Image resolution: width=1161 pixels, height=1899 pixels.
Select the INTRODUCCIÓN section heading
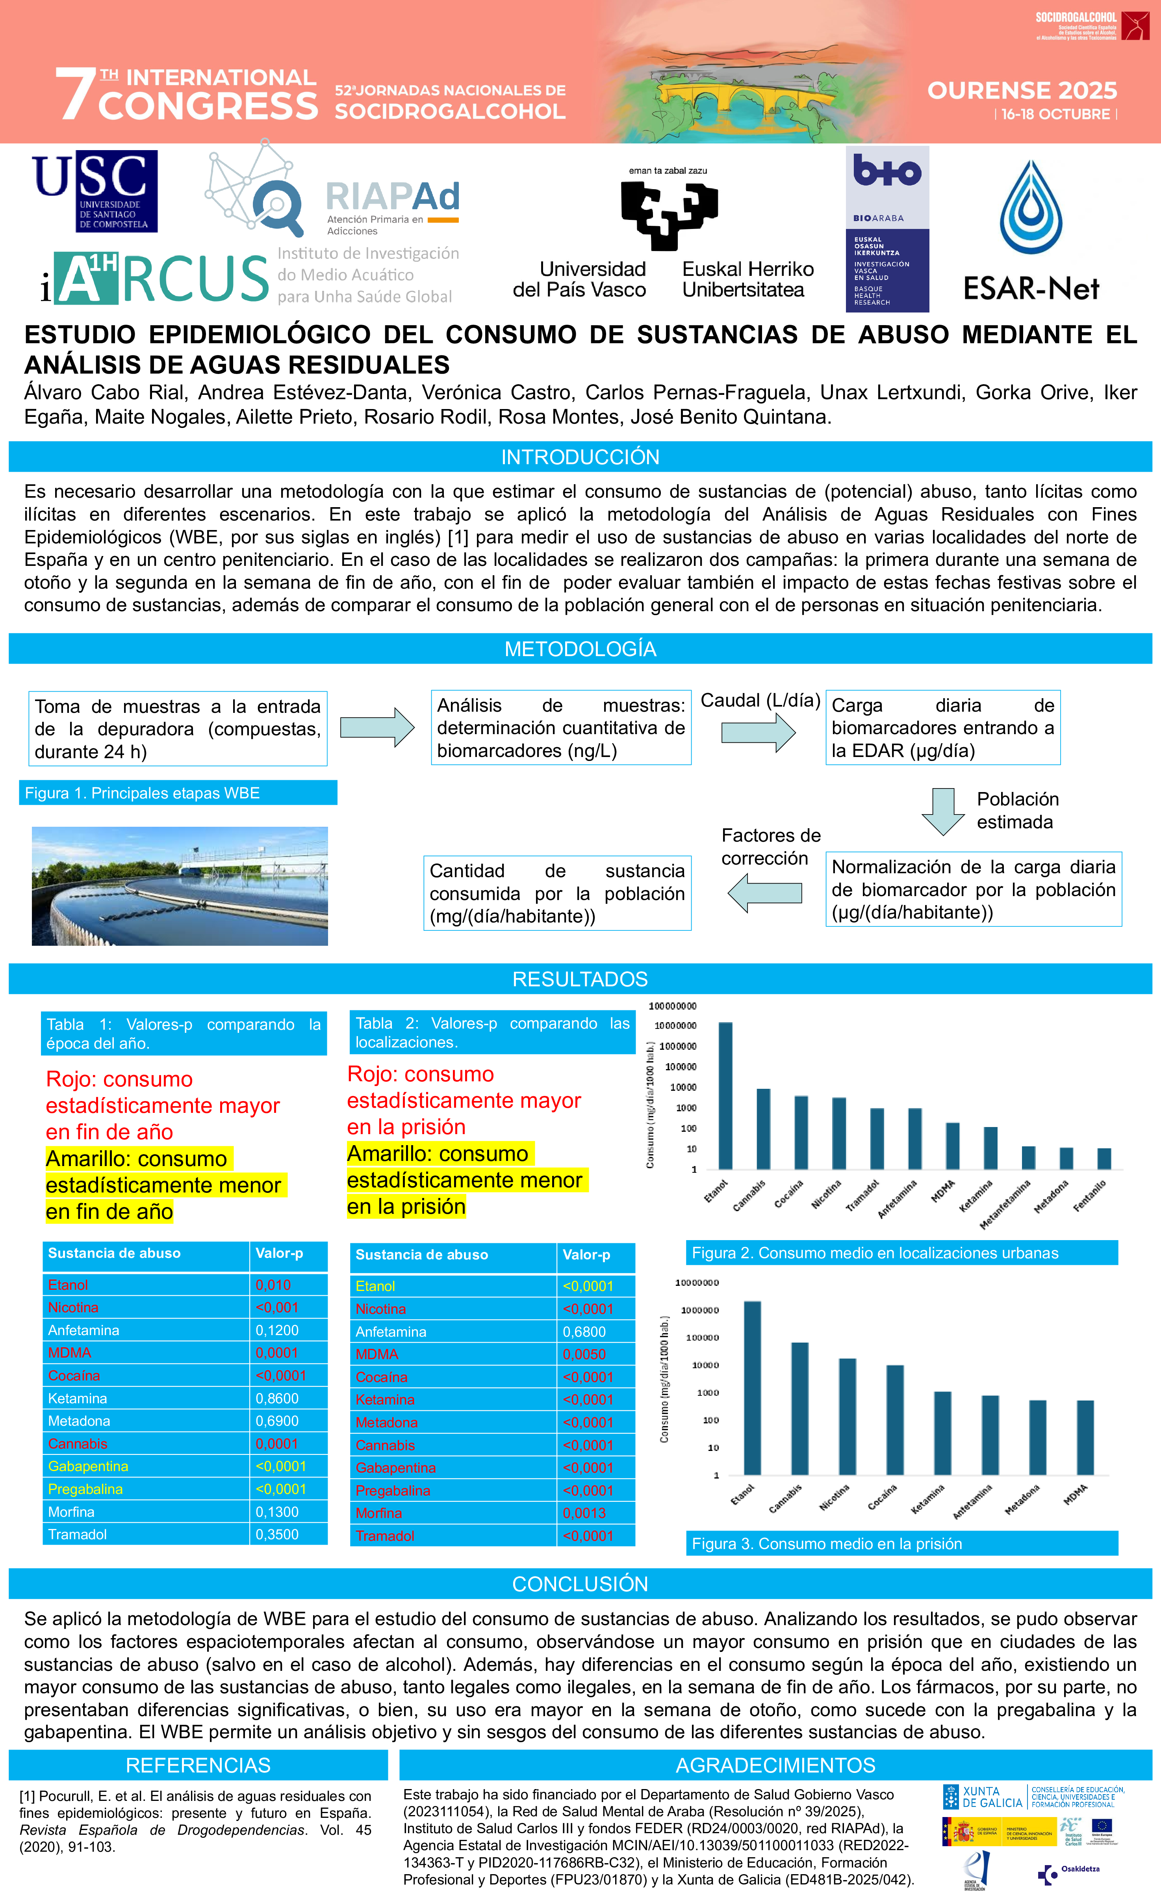(x=580, y=457)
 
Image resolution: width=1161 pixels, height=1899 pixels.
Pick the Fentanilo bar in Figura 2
(x=1104, y=1159)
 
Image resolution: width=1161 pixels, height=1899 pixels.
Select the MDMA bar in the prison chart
(x=1085, y=1437)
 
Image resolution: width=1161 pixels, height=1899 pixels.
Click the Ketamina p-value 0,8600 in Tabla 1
(x=277, y=1398)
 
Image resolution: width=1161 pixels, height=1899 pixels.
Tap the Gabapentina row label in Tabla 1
(x=88, y=1466)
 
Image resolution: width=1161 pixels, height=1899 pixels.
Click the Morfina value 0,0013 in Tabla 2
(x=584, y=1513)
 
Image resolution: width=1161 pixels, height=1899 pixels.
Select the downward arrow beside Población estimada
(x=943, y=811)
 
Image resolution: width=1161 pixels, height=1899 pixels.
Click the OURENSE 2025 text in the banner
(x=1022, y=91)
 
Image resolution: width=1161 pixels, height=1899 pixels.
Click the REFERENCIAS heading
(x=198, y=1765)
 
